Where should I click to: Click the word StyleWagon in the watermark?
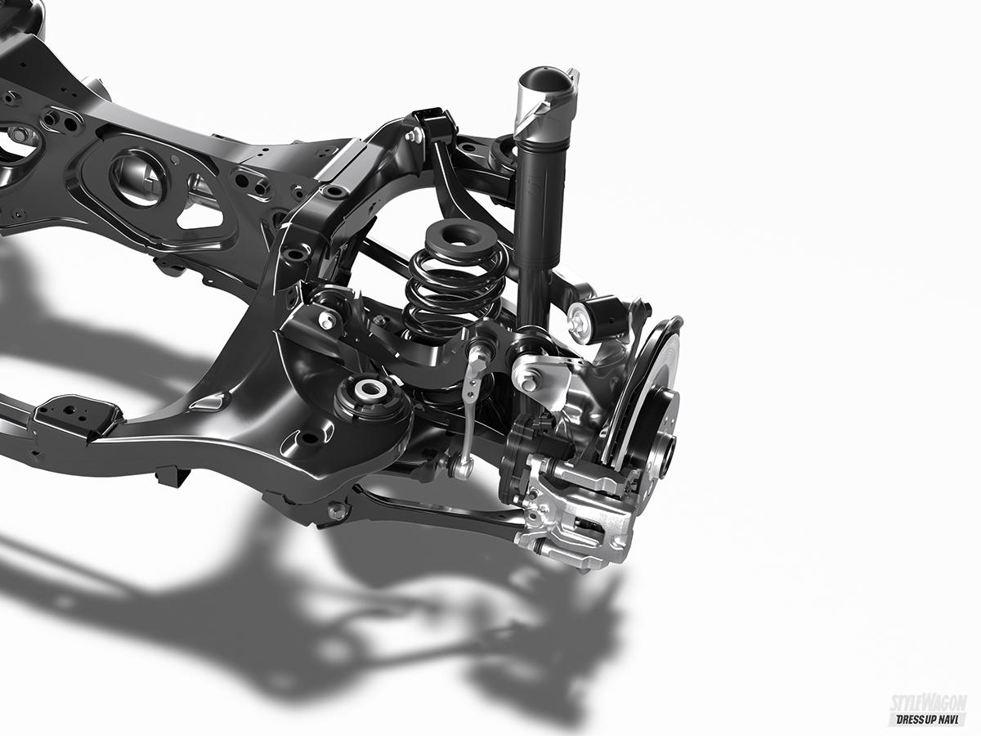tap(927, 706)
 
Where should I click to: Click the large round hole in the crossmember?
tap(137, 177)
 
